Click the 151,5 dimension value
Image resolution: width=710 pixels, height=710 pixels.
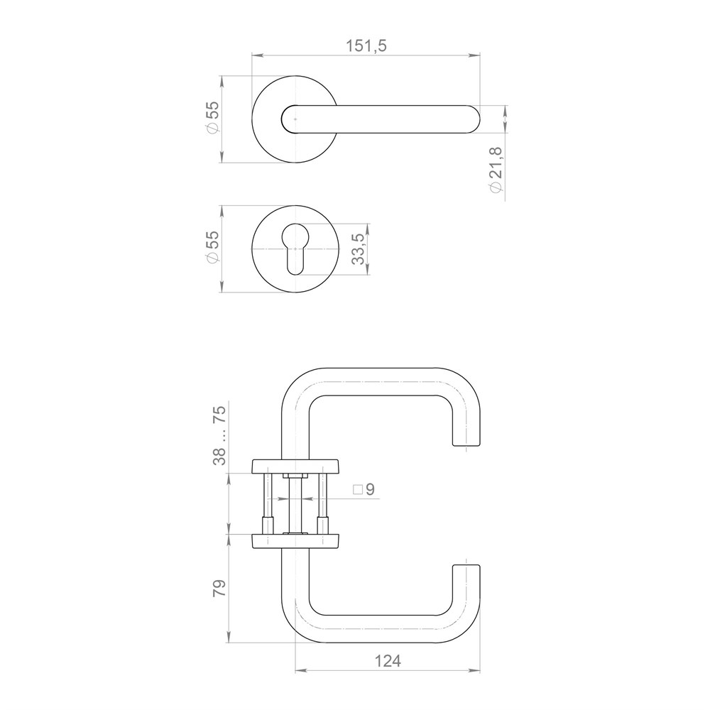[x=366, y=45]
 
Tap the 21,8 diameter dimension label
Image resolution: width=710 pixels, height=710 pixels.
[x=496, y=169]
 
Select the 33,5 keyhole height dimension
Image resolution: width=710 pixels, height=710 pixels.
[x=358, y=248]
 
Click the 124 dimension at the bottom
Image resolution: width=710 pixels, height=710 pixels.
[x=388, y=662]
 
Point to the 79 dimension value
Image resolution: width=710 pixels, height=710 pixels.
[x=219, y=588]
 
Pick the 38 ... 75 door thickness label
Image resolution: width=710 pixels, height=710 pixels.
[x=219, y=436]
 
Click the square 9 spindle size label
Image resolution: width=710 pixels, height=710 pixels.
[x=364, y=489]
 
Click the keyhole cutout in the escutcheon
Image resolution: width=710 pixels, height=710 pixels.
[x=295, y=248]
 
